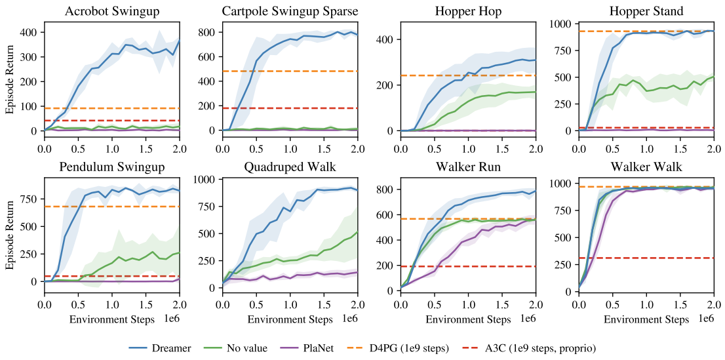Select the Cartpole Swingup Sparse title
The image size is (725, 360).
(290, 11)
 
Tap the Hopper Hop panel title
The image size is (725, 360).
(468, 11)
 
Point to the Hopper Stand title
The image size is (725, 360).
(646, 11)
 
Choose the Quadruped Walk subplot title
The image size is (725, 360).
(290, 167)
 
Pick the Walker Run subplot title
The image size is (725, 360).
(468, 167)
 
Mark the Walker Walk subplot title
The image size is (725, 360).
(646, 167)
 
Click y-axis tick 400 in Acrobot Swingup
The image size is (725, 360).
(31, 31)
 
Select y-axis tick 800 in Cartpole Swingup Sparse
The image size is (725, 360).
(209, 31)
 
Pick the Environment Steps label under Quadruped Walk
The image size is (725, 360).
(290, 320)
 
